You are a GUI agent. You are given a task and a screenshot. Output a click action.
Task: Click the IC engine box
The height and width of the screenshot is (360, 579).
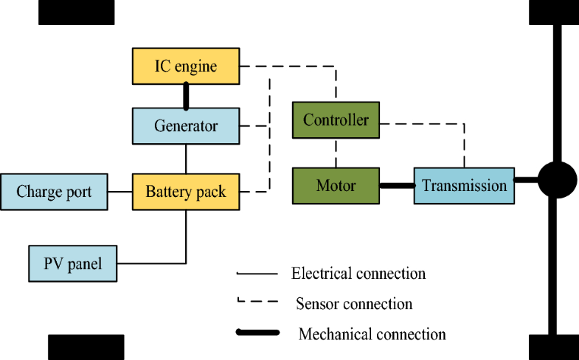point(186,66)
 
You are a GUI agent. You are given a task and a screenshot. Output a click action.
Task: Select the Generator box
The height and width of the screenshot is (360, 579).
point(186,126)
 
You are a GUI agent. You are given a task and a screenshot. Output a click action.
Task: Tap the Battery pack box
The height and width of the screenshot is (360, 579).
point(186,192)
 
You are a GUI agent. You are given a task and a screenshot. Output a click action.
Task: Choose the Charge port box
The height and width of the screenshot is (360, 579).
point(54,192)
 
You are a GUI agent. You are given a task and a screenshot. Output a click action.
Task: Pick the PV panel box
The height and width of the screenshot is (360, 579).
point(73,263)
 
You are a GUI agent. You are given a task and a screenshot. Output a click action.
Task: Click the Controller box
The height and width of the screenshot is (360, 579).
point(336,120)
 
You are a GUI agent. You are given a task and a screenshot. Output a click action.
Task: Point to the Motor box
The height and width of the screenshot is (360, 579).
point(336,185)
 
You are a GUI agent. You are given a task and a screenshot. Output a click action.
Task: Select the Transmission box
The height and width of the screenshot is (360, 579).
point(464,185)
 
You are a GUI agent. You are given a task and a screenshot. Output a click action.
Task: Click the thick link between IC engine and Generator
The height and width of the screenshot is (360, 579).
point(186,95)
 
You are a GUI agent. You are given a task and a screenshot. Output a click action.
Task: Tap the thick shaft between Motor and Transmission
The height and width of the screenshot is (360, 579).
point(396,185)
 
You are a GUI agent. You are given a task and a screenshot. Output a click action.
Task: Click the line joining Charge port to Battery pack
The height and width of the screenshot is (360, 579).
point(120,192)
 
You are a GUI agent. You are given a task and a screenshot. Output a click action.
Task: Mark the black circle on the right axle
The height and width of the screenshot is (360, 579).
point(557,180)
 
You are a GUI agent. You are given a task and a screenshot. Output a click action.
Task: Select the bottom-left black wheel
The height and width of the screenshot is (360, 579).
point(86,347)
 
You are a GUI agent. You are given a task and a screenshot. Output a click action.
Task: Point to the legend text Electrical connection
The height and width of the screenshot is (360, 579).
point(358,274)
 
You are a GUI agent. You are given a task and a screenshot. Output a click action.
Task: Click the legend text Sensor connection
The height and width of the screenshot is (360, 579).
point(354,303)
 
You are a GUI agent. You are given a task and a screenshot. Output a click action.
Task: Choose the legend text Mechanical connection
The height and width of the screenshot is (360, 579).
point(372,334)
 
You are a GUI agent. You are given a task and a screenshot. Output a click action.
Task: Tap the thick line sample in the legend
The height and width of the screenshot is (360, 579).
point(257,333)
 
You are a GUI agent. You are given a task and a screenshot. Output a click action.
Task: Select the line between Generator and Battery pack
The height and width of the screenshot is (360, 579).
point(186,159)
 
